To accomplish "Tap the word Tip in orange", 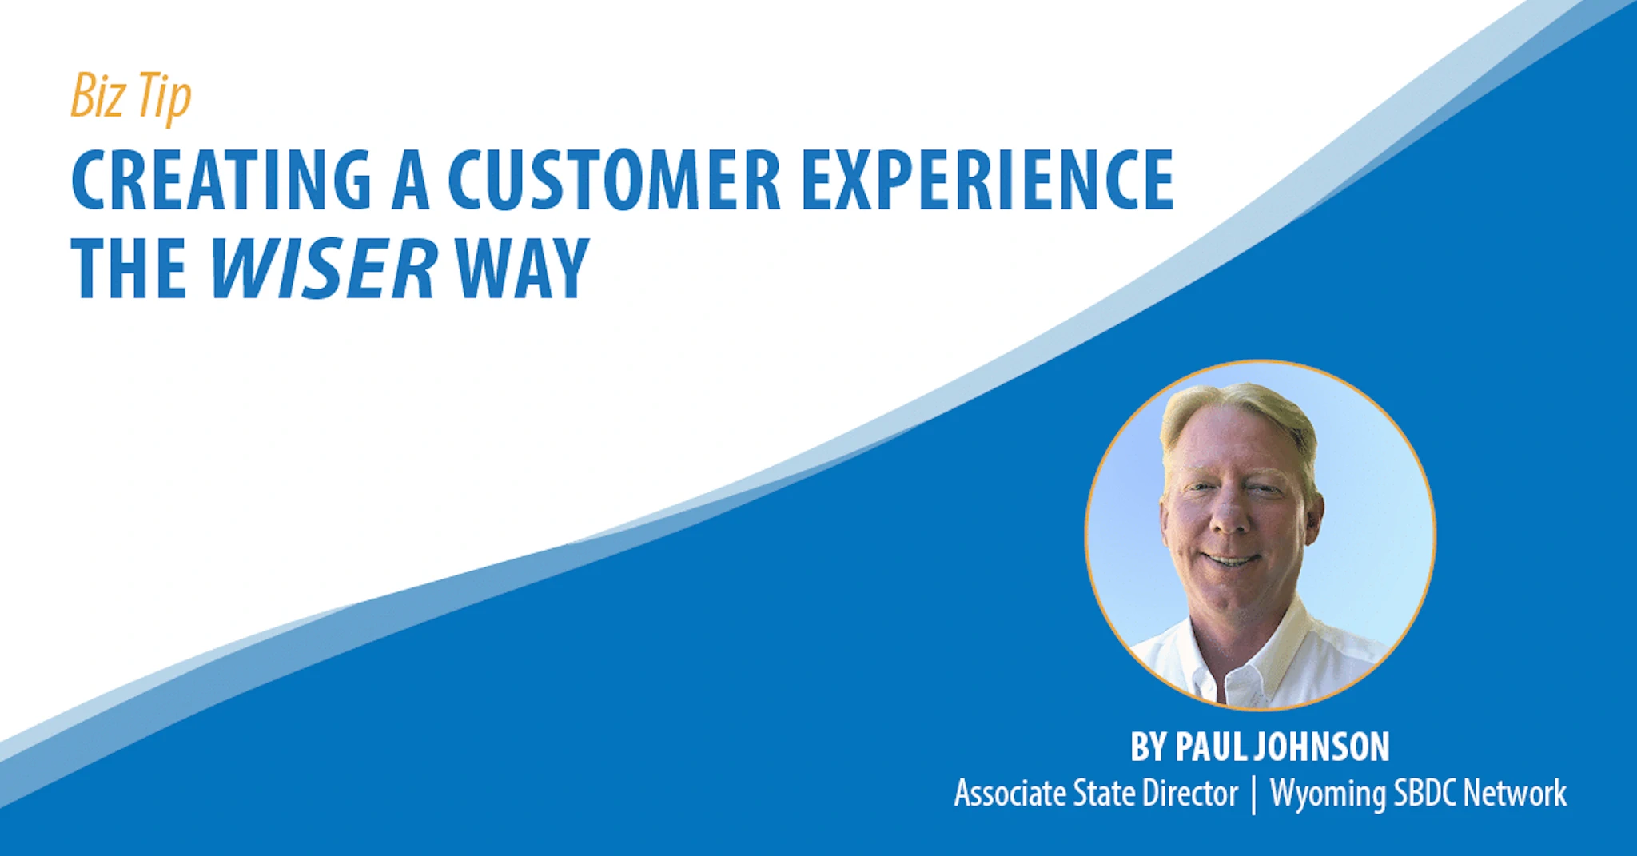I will tap(165, 98).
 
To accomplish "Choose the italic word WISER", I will tap(324, 269).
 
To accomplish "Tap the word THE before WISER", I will tap(129, 269).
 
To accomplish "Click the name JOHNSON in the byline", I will tap(1321, 747).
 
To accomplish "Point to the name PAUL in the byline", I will tap(1211, 747).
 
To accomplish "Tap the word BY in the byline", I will tap(1149, 747).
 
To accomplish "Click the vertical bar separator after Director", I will tap(1253, 794).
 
